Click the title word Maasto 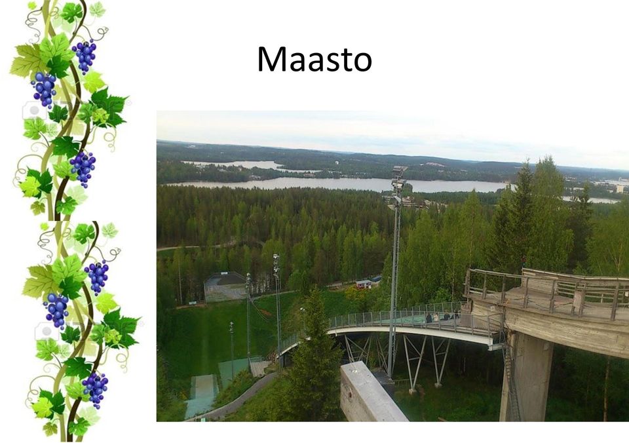tap(314, 59)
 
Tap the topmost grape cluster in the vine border tap(85, 56)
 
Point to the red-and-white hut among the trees tap(364, 284)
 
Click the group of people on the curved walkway tap(441, 317)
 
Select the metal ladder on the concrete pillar tap(512, 381)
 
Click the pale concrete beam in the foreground tap(372, 393)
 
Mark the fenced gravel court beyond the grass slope tap(225, 287)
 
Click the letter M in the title tap(271, 59)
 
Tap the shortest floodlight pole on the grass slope tap(232, 350)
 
